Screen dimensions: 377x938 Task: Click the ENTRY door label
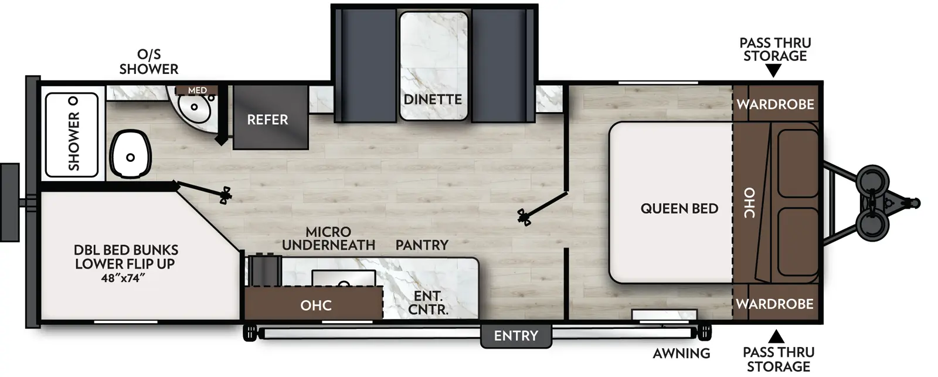(x=515, y=336)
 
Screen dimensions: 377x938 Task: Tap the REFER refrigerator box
(x=267, y=119)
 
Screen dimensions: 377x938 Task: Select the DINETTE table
(x=433, y=66)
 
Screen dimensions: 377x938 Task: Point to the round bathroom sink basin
(x=193, y=107)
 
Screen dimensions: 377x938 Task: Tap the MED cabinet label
(x=198, y=90)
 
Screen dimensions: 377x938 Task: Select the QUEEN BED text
(x=679, y=208)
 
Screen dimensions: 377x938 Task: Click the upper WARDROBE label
(x=775, y=104)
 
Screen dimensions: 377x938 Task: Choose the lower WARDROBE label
(x=774, y=304)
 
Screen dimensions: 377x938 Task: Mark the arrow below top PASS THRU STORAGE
(x=774, y=72)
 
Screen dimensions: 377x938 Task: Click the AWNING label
(x=681, y=353)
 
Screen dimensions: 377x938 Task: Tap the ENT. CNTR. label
(x=428, y=303)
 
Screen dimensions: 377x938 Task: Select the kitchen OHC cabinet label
(x=316, y=305)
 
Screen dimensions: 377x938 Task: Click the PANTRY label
(x=422, y=244)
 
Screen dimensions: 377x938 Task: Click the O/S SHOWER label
(x=149, y=62)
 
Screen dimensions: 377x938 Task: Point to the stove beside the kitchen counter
(x=264, y=269)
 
